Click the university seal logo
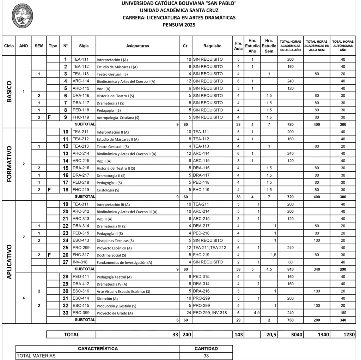click(x=23, y=17)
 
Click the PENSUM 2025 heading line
click(x=179, y=25)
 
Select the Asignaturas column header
click(x=137, y=46)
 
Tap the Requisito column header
click(x=212, y=46)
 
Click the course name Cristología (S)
click(x=108, y=190)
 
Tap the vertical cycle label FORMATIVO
click(x=9, y=164)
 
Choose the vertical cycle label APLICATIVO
click(x=9, y=262)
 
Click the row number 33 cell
click(x=66, y=313)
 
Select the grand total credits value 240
click(x=186, y=335)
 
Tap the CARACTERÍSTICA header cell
click(x=98, y=349)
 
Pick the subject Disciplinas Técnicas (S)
click(x=115, y=241)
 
